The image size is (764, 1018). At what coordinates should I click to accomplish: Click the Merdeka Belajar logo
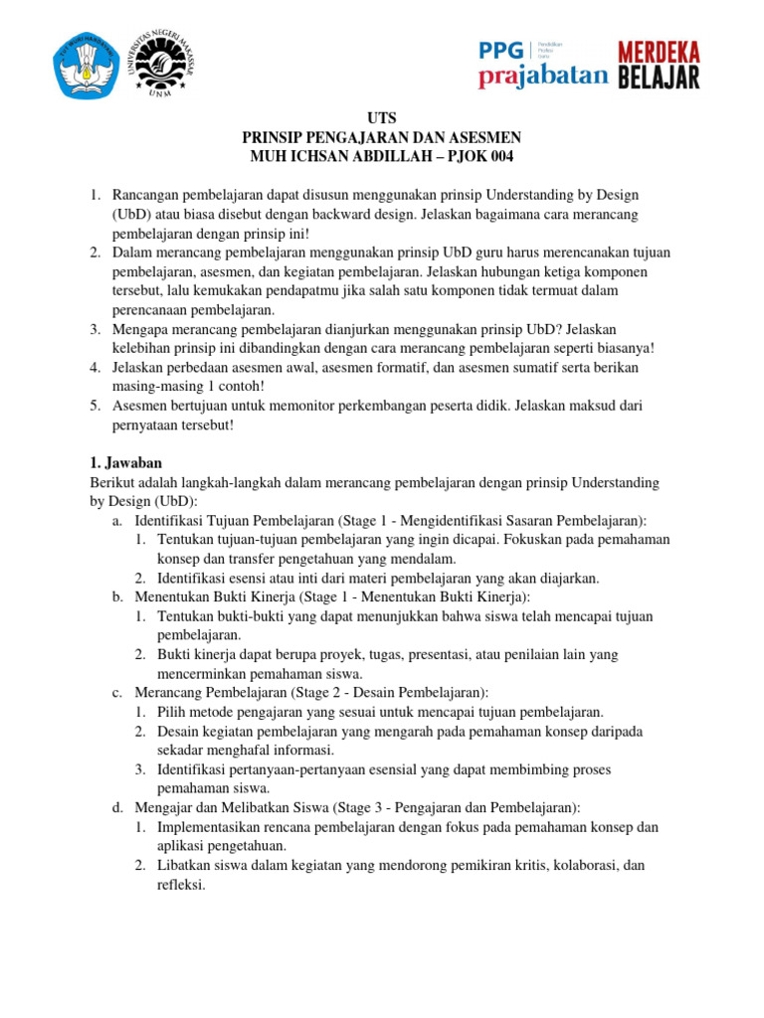click(660, 66)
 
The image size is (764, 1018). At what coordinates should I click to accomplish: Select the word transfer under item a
click(246, 559)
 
